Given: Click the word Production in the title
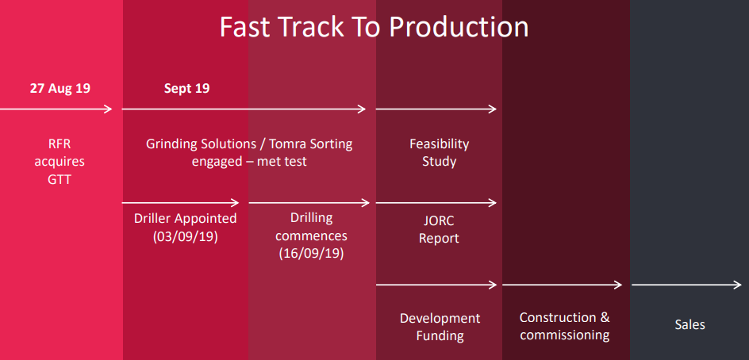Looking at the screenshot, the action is pos(459,27).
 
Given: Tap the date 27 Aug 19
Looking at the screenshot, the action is pos(60,88).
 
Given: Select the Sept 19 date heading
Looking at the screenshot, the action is pos(186,88).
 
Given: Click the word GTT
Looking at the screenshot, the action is pos(60,179).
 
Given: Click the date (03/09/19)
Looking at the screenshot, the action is pos(186,237).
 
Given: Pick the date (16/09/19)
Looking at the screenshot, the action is pos(312,253).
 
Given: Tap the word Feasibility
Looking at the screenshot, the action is pos(439,144).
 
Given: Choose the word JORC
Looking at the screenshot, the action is pos(439,221).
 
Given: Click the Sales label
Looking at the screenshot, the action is pos(689,325).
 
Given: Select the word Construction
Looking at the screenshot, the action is pos(558,317).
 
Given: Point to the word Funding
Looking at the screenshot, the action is pos(440,335).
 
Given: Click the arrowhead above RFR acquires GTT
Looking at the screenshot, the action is pos(108,109).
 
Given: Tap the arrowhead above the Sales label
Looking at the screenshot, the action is pos(737,285).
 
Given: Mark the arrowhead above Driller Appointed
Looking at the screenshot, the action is pos(235,203).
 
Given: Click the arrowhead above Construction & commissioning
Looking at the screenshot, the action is pos(617,285).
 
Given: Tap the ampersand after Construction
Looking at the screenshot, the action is pos(605,317).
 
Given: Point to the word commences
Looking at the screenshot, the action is pos(312,236).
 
